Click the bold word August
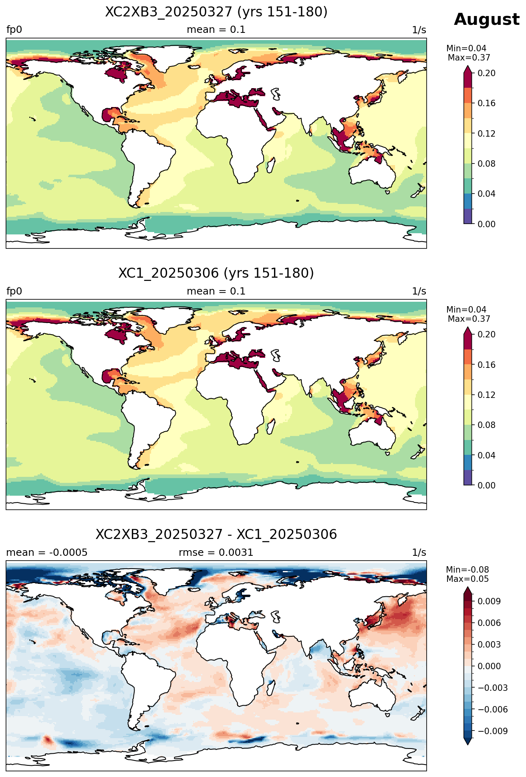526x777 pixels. [486, 20]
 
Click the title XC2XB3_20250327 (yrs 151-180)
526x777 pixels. [216, 12]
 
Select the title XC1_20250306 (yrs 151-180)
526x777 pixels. [216, 273]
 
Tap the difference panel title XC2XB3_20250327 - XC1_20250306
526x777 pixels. [216, 535]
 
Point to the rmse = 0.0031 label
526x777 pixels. [216, 553]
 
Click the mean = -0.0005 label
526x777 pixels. [47, 553]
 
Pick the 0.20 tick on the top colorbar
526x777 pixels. [486, 73]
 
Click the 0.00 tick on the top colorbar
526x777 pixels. [486, 224]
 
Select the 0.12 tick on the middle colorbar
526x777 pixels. [486, 395]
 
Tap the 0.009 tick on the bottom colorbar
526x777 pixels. [489, 601]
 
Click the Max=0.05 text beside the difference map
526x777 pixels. [468, 579]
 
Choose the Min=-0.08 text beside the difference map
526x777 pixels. [468, 570]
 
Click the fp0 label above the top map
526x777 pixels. [14, 30]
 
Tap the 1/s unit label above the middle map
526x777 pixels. [419, 291]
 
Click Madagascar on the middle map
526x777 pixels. [271, 426]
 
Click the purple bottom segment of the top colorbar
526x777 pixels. [468, 216]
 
